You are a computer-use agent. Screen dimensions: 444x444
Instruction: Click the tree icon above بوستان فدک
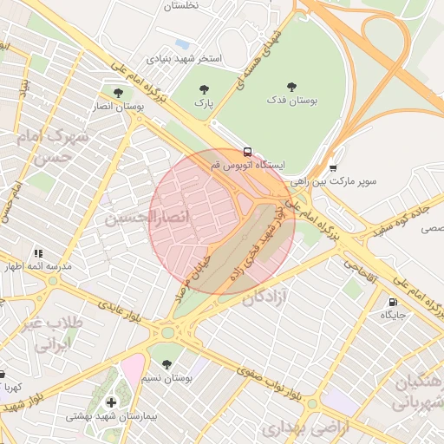pos(291,86)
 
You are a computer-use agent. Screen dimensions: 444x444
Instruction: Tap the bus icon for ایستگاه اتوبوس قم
pos(248,151)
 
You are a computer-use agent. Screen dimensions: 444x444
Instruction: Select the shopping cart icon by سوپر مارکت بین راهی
pos(333,168)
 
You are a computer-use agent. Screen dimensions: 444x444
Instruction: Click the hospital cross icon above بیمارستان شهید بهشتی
pos(112,402)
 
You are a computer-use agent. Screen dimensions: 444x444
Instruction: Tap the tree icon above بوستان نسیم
pos(166,364)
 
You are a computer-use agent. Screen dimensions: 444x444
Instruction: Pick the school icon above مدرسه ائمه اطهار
pos(38,253)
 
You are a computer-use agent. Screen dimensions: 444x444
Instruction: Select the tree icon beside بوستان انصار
pos(118,92)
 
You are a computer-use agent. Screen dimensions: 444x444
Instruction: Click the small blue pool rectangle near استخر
pos(182,42)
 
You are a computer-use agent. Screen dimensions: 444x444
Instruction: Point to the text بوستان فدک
pos(291,101)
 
